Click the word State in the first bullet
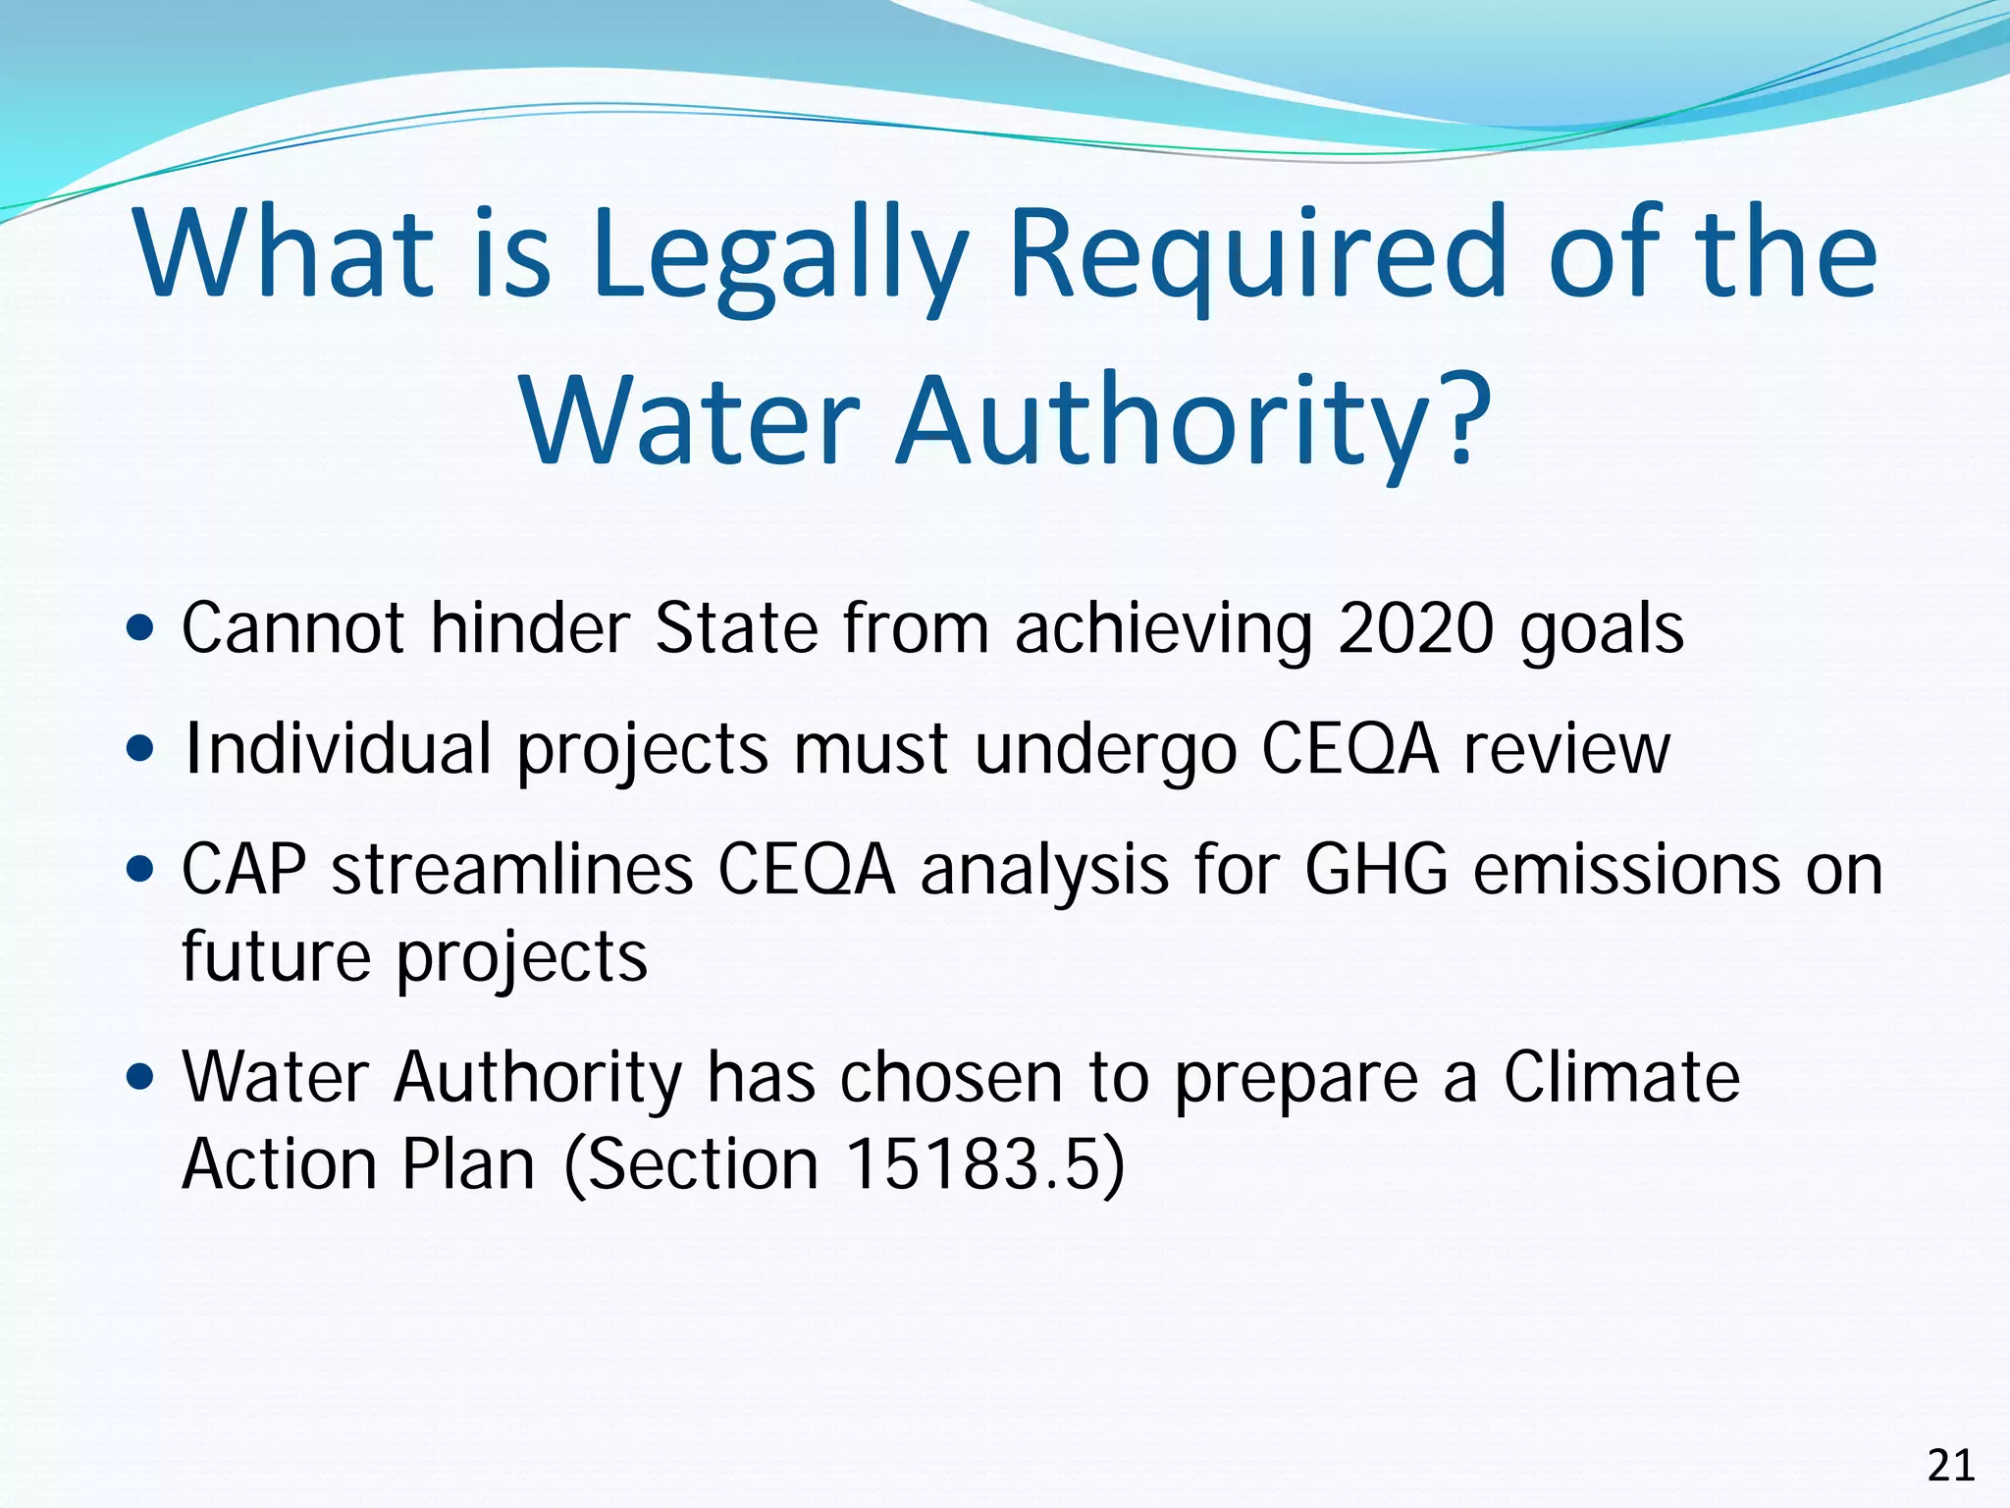[x=735, y=628]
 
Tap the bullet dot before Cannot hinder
[x=141, y=627]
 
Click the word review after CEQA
[x=1566, y=749]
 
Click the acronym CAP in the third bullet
[x=243, y=870]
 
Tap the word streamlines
[x=512, y=870]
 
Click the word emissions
[x=1626, y=870]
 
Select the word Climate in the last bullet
[x=1621, y=1078]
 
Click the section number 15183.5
[x=971, y=1165]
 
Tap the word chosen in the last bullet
[x=950, y=1078]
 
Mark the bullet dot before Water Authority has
[x=141, y=1077]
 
